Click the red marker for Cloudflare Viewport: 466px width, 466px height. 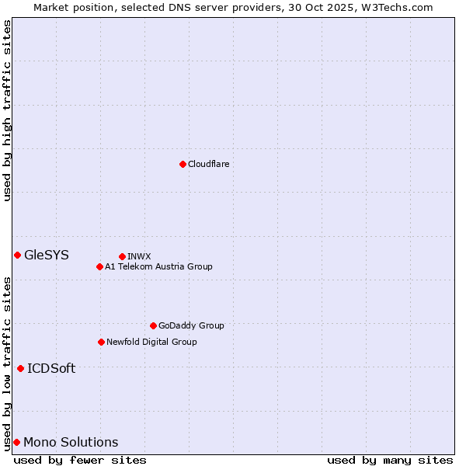[x=183, y=164]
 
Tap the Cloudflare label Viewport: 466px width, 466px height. [x=208, y=164]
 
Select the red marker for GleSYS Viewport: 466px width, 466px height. [x=17, y=255]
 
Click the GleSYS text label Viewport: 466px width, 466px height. [x=47, y=255]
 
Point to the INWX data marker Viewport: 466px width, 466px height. [x=122, y=256]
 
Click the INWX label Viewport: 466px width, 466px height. [x=139, y=256]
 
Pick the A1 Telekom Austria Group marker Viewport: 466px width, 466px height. [x=99, y=266]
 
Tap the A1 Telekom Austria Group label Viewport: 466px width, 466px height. [x=158, y=266]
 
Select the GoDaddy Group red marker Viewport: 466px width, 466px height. [x=153, y=325]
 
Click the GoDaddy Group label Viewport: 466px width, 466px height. [x=190, y=325]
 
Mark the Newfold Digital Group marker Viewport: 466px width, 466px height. [x=101, y=342]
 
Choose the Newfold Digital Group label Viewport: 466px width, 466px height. [x=151, y=342]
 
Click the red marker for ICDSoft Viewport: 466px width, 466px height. [x=20, y=368]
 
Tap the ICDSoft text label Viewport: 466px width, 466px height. [x=51, y=368]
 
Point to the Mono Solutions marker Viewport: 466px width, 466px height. [x=16, y=442]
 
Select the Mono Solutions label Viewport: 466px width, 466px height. [x=71, y=442]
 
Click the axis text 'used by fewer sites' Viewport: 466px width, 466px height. [x=80, y=460]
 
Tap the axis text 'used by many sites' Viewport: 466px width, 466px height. [x=390, y=460]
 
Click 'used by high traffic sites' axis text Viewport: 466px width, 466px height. [x=7, y=110]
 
